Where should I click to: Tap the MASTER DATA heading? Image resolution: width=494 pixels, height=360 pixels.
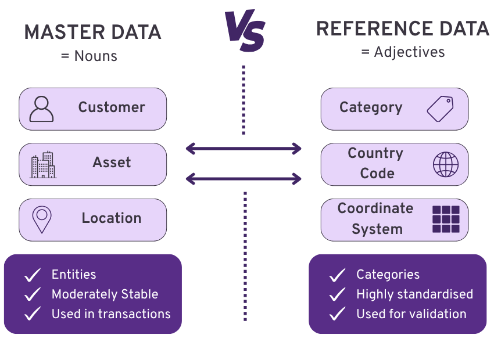click(92, 33)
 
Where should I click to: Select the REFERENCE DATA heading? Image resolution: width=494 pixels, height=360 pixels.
click(402, 29)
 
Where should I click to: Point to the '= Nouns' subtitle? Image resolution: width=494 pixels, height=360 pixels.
click(89, 56)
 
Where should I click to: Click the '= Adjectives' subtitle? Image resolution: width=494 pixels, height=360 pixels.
click(403, 52)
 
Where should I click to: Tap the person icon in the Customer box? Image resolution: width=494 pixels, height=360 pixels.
click(41, 109)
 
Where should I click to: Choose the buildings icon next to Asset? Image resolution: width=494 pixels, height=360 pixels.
click(43, 164)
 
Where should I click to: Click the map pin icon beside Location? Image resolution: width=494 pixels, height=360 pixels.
click(41, 219)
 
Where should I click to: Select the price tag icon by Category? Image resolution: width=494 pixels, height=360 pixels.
click(440, 109)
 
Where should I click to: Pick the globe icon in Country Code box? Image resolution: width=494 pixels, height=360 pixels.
click(446, 164)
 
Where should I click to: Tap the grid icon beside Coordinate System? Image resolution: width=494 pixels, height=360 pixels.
click(446, 219)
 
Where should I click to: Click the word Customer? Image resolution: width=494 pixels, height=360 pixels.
click(112, 107)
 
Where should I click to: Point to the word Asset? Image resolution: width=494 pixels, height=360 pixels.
click(112, 163)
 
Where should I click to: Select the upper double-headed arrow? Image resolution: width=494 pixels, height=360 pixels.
click(244, 149)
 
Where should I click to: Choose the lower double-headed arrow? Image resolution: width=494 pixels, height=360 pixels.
click(244, 178)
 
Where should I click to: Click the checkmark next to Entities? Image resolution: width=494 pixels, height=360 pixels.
click(33, 275)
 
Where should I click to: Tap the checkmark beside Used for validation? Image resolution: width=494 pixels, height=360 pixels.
click(337, 315)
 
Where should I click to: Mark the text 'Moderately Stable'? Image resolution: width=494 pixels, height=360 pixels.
click(105, 294)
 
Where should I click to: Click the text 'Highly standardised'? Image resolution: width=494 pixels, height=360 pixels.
click(414, 294)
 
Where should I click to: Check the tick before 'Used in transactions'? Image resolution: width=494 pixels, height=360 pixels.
click(33, 314)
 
